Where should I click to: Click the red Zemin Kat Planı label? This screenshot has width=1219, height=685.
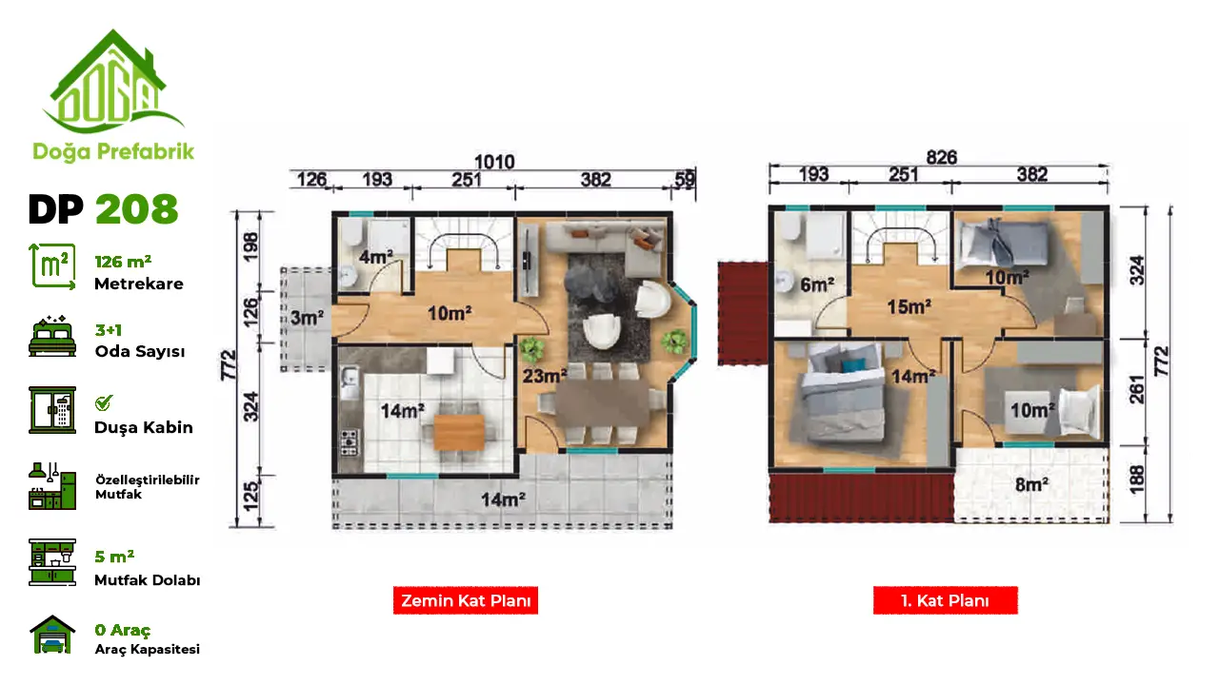(x=466, y=600)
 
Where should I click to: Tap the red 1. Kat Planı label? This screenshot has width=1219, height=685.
(x=946, y=600)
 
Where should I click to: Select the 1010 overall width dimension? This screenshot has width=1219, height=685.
(x=494, y=162)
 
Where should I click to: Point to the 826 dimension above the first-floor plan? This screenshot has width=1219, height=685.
(x=942, y=158)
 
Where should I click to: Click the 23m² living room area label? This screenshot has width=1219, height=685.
(x=545, y=376)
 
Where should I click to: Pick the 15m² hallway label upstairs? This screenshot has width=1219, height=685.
(x=909, y=306)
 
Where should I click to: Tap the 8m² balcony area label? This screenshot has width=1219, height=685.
(x=1031, y=484)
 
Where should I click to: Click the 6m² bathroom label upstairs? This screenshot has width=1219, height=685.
(x=817, y=284)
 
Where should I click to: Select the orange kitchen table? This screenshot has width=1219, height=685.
(x=459, y=433)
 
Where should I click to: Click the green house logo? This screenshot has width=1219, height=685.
(x=113, y=82)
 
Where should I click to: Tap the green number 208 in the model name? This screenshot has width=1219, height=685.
(x=137, y=209)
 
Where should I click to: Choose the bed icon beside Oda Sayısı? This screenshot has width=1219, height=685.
(x=52, y=337)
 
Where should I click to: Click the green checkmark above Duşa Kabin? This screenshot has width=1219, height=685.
(x=103, y=402)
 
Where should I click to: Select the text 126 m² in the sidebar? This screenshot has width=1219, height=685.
(x=123, y=262)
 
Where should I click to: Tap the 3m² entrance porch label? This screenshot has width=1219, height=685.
(x=307, y=318)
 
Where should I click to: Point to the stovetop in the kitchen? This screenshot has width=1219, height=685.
(x=349, y=442)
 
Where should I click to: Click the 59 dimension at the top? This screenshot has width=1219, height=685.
(x=685, y=180)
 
